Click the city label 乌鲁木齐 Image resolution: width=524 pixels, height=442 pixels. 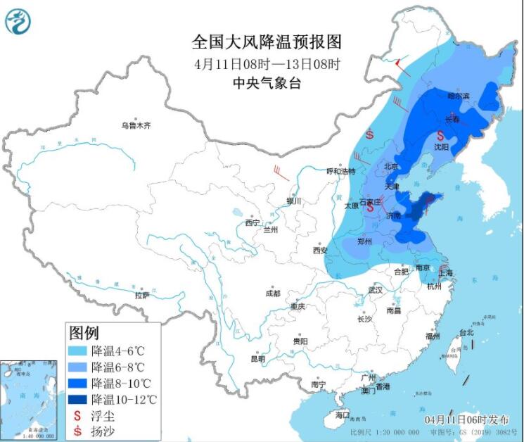point(135,125)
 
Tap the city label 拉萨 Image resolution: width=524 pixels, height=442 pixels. point(142,294)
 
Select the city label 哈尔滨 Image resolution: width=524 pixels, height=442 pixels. point(458,96)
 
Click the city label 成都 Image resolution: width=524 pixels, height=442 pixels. point(273,293)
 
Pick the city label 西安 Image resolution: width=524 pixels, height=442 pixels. point(321,250)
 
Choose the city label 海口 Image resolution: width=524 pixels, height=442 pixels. point(343,415)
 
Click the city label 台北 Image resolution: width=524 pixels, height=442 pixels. point(466,332)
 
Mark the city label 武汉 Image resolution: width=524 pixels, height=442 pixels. point(375,290)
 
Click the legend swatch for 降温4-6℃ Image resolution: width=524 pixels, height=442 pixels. point(78,351)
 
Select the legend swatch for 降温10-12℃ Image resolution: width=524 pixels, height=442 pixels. point(78,399)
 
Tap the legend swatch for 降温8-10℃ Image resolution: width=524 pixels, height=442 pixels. point(78,383)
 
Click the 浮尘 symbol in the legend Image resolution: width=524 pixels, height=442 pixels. point(77,415)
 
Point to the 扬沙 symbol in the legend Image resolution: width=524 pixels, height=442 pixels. point(77,431)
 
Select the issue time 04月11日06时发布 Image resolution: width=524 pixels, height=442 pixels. point(466,418)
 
